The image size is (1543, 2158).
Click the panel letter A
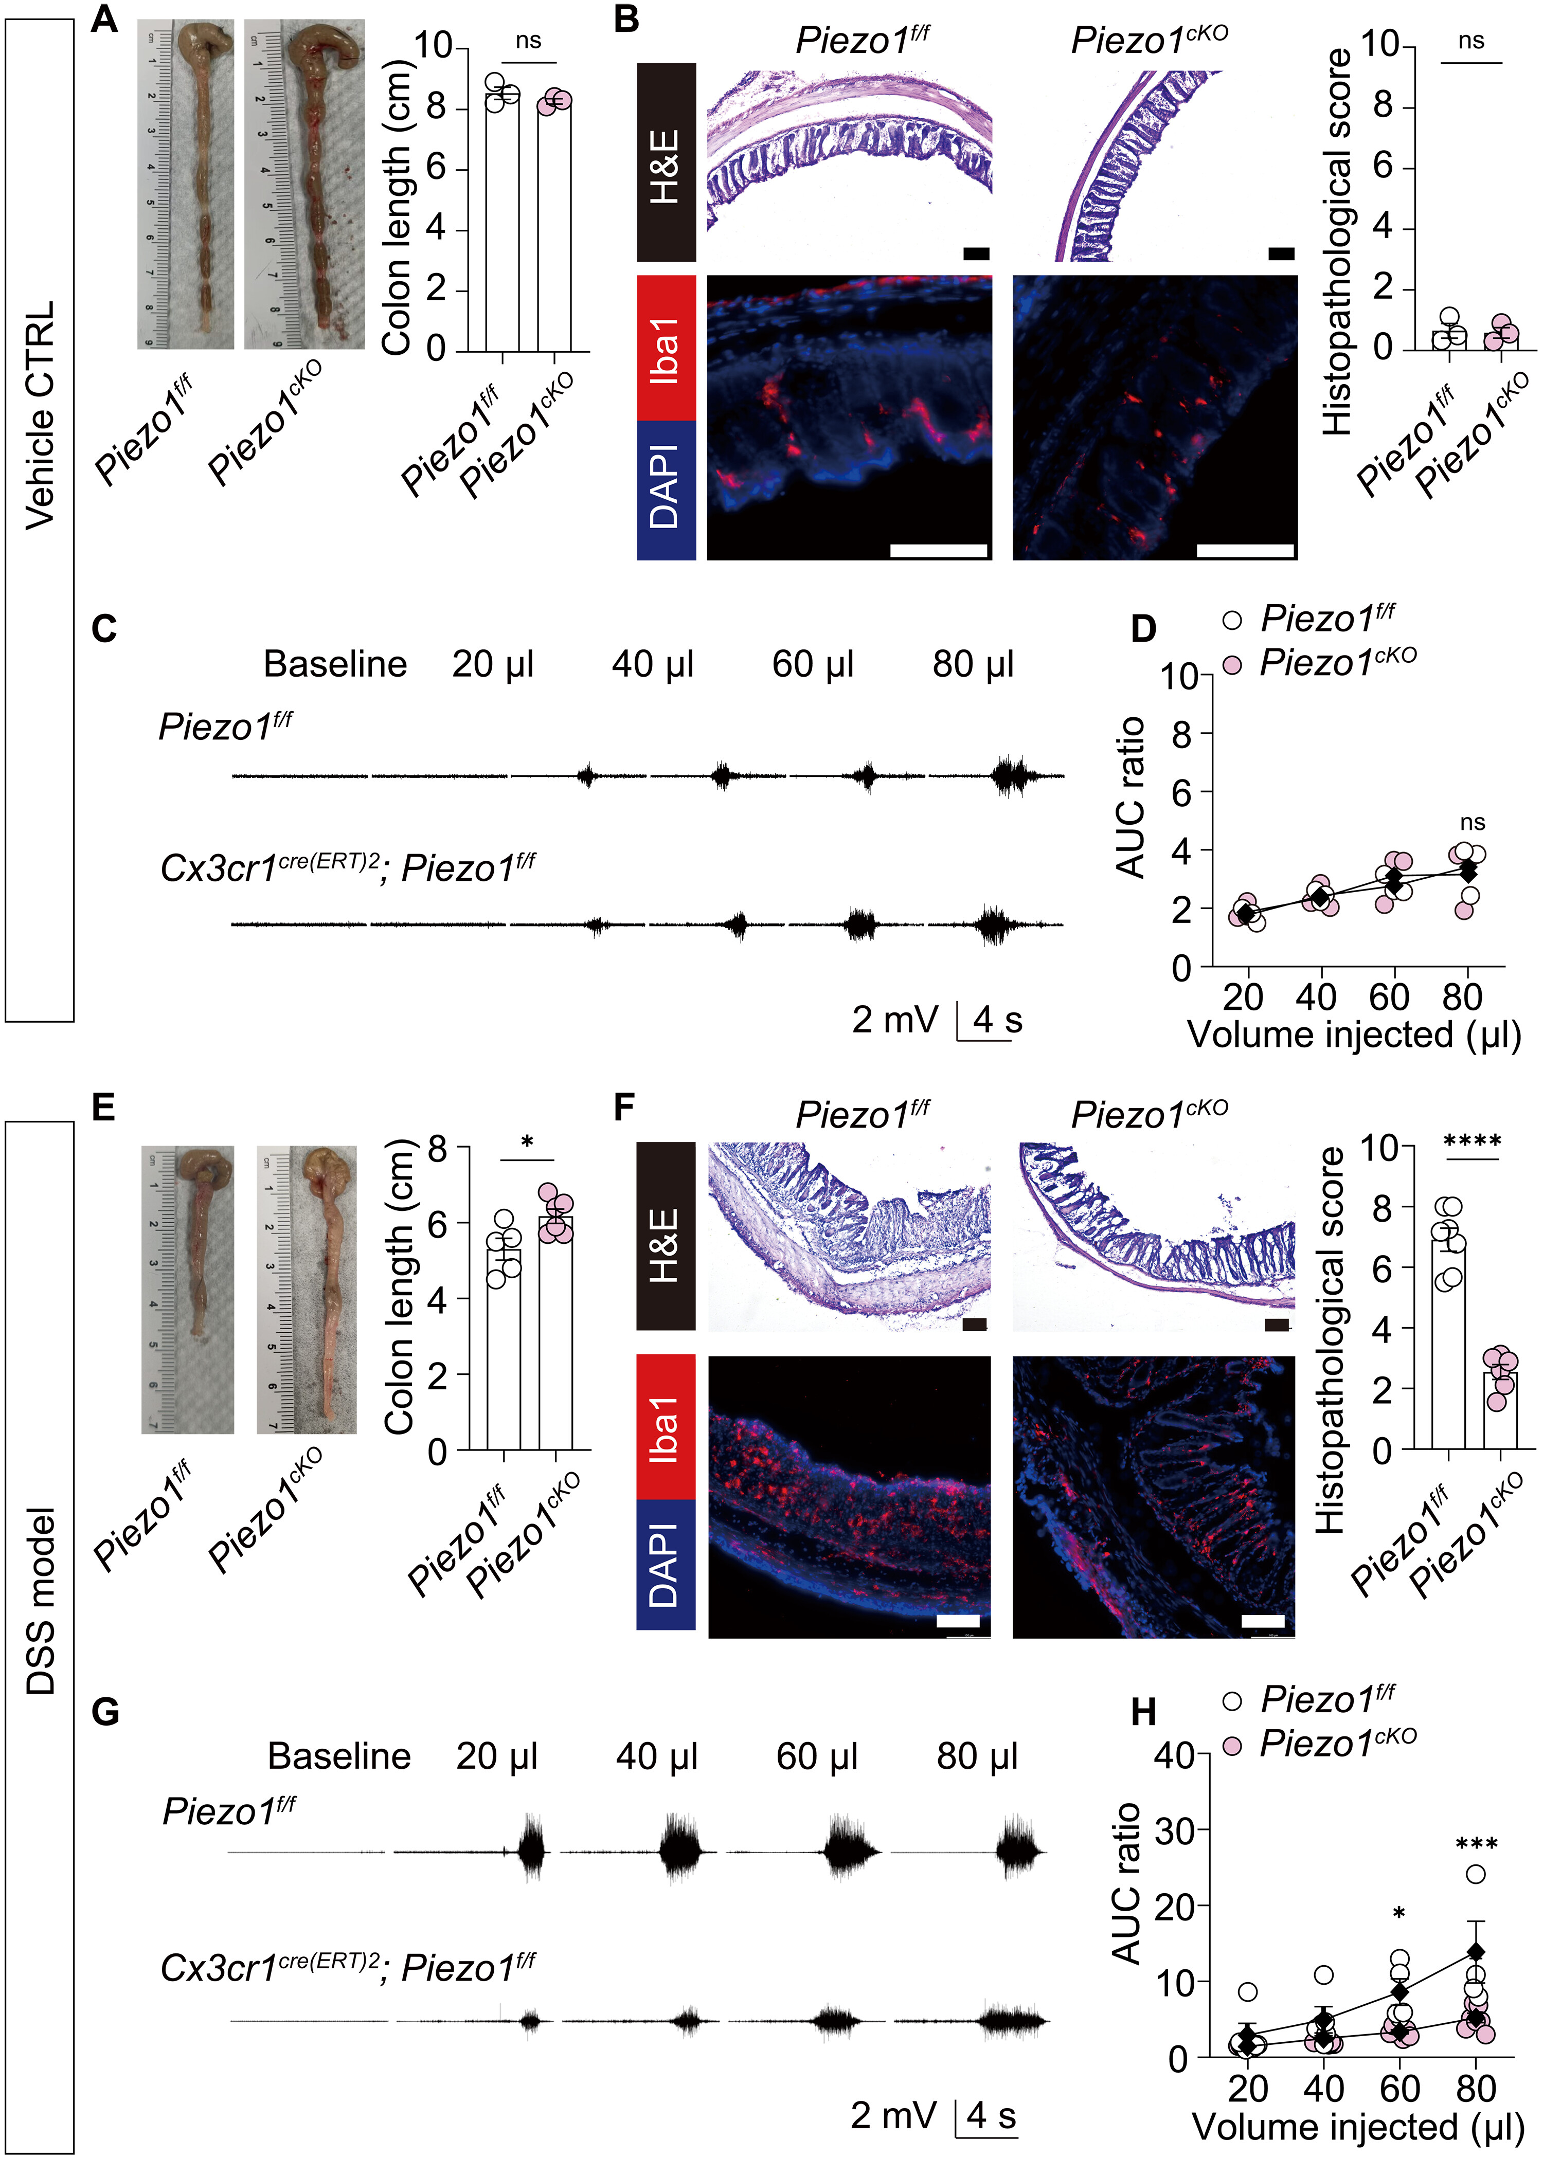pyautogui.click(x=104, y=19)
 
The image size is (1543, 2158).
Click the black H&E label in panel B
pyautogui.click(x=666, y=162)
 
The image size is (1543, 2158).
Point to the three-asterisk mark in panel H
pyautogui.click(x=1477, y=1844)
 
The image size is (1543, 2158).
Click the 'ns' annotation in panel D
pyautogui.click(x=1473, y=823)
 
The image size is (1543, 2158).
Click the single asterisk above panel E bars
pyautogui.click(x=527, y=1140)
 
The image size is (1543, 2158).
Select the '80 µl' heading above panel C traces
pyautogui.click(x=974, y=664)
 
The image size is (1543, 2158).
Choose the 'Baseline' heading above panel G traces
pyautogui.click(x=339, y=1756)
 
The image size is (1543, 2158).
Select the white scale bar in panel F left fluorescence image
pyautogui.click(x=958, y=1620)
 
